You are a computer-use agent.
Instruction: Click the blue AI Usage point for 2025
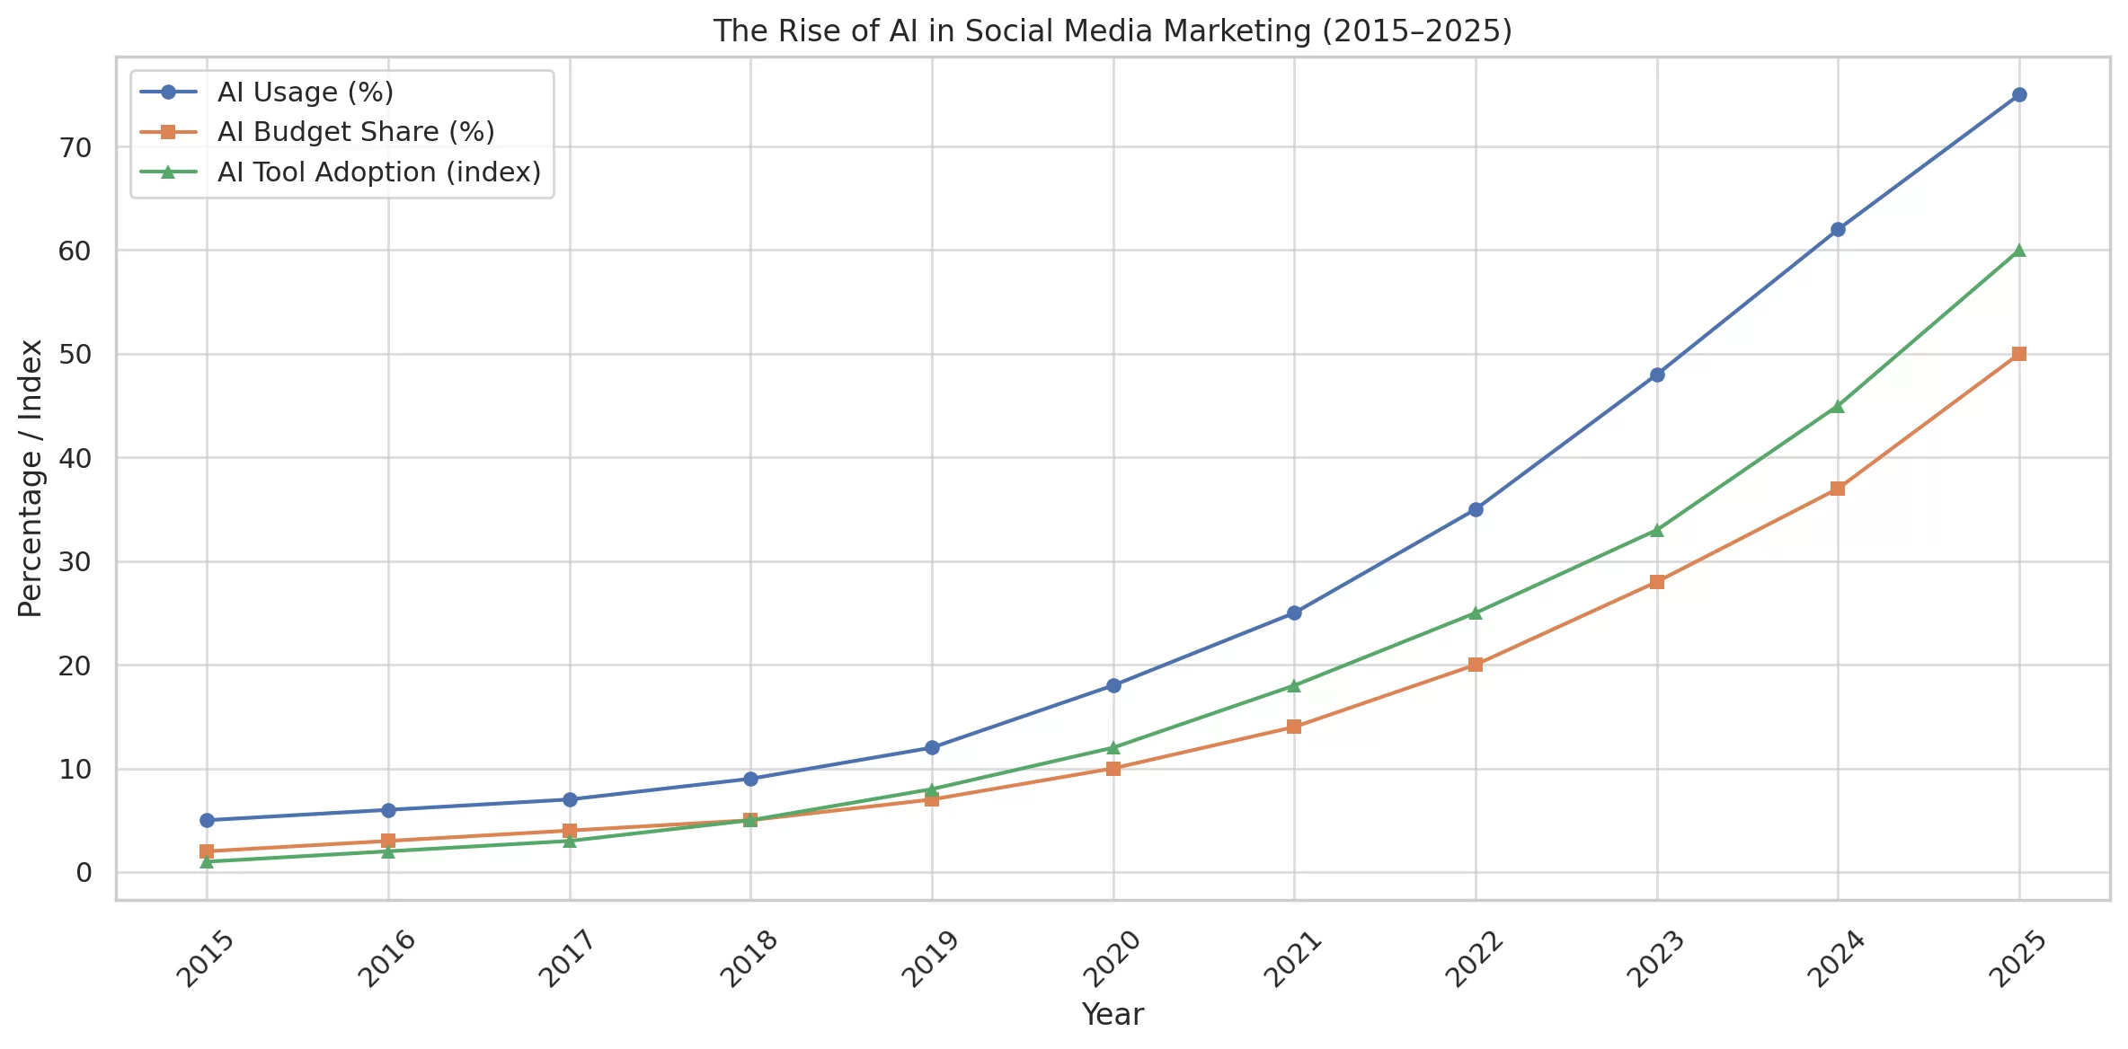[2018, 95]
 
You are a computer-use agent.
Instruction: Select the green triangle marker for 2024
[1837, 406]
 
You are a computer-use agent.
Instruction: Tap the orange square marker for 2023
[1656, 582]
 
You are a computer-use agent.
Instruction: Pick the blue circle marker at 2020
[1113, 685]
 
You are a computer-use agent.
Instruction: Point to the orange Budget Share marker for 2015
[207, 851]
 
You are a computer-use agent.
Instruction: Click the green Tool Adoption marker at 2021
[1294, 685]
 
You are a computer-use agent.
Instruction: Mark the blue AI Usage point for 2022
[1476, 509]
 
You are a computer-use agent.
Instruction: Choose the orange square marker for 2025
[2018, 354]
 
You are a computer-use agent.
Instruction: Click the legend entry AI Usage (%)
[305, 93]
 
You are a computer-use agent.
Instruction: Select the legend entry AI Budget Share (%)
[355, 132]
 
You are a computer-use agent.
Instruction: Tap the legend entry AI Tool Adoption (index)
[378, 172]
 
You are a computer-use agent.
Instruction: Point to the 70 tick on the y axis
[76, 147]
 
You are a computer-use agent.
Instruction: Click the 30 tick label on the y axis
[76, 562]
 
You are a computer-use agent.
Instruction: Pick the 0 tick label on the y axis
[84, 873]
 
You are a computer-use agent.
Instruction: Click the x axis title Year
[1113, 1015]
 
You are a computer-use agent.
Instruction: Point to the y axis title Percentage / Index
[31, 478]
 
